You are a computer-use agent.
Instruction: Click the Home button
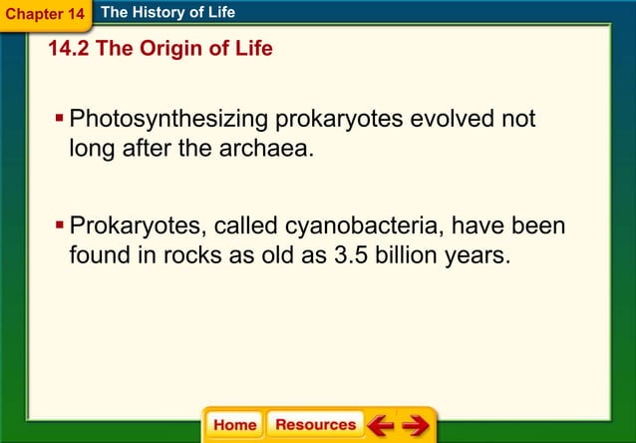(234, 425)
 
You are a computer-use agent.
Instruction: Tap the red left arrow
(380, 425)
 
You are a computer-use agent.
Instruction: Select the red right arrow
(415, 425)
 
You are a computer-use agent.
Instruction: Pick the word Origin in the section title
(165, 49)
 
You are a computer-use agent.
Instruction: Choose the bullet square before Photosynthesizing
(60, 119)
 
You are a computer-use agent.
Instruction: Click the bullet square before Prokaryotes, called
(60, 225)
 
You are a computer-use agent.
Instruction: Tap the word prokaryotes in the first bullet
(337, 120)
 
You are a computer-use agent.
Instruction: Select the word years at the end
(479, 255)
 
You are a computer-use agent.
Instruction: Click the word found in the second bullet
(99, 255)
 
